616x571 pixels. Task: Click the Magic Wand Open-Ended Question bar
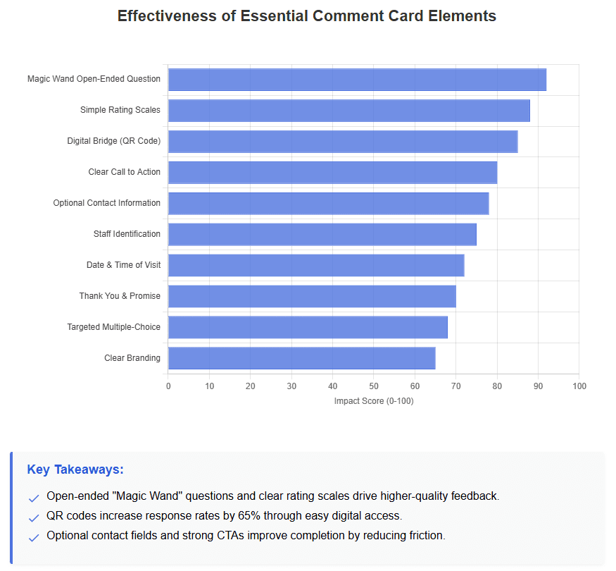[357, 80]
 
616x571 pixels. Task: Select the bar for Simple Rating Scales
[348, 111]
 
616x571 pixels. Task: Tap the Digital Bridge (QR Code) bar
[343, 142]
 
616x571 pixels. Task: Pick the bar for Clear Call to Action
[332, 173]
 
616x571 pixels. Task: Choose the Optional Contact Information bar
[328, 203]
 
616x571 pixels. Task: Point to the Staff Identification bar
[322, 234]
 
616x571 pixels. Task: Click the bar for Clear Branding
[301, 358]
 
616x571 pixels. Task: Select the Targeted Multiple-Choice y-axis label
[113, 327]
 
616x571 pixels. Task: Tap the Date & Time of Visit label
[123, 265]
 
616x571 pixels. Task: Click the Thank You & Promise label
[120, 296]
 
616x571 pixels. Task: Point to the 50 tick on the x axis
[374, 386]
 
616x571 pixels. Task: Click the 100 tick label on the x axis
[579, 386]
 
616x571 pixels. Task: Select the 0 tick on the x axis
[168, 386]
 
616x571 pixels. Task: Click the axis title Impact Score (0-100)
[373, 401]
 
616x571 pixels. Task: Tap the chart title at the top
[307, 16]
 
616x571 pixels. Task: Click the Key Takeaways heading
[75, 469]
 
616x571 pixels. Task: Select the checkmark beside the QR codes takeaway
[34, 518]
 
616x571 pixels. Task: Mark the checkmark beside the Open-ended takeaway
[34, 498]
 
